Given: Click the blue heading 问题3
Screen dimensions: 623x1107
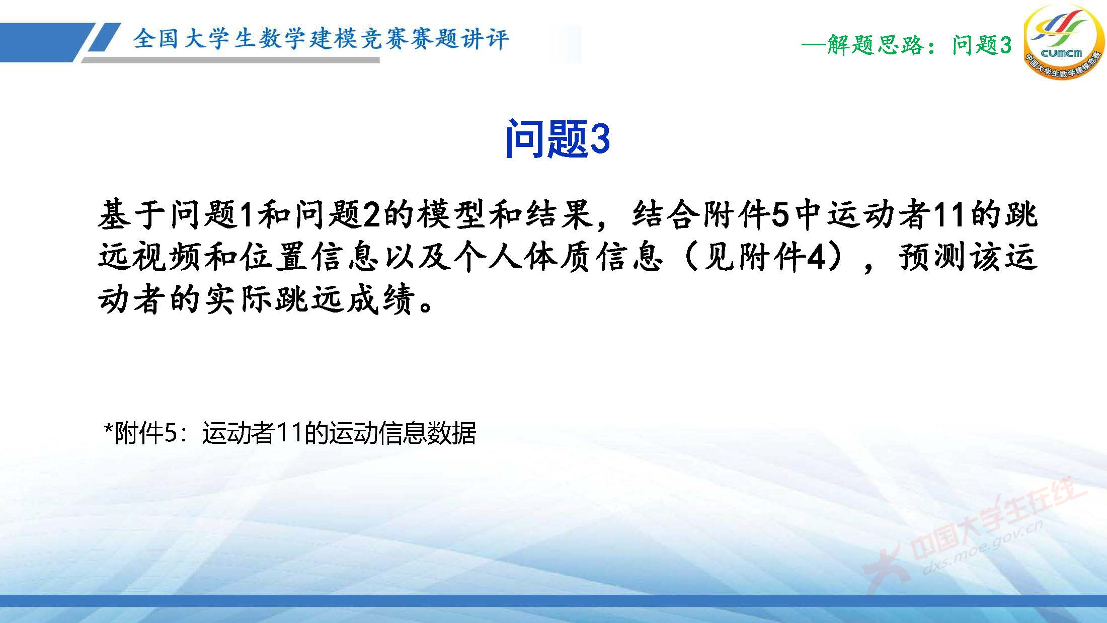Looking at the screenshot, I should tap(558, 139).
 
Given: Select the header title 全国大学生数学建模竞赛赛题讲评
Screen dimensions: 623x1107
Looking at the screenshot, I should tap(321, 39).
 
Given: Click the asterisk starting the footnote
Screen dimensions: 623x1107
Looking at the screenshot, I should tap(108, 431).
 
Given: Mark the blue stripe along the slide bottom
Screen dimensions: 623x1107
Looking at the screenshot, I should tap(553, 601).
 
